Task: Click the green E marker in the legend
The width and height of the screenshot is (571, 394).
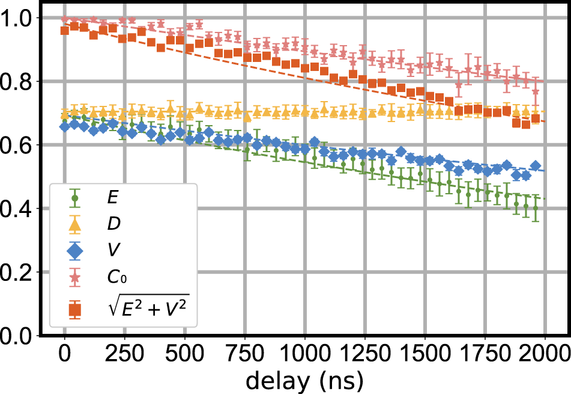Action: [x=75, y=197]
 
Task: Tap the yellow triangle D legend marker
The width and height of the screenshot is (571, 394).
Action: [x=75, y=225]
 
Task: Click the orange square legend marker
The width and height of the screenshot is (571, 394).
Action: [x=75, y=310]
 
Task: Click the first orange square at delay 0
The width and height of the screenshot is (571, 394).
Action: [x=65, y=30]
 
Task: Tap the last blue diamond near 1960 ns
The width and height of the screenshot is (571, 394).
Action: [x=536, y=166]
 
